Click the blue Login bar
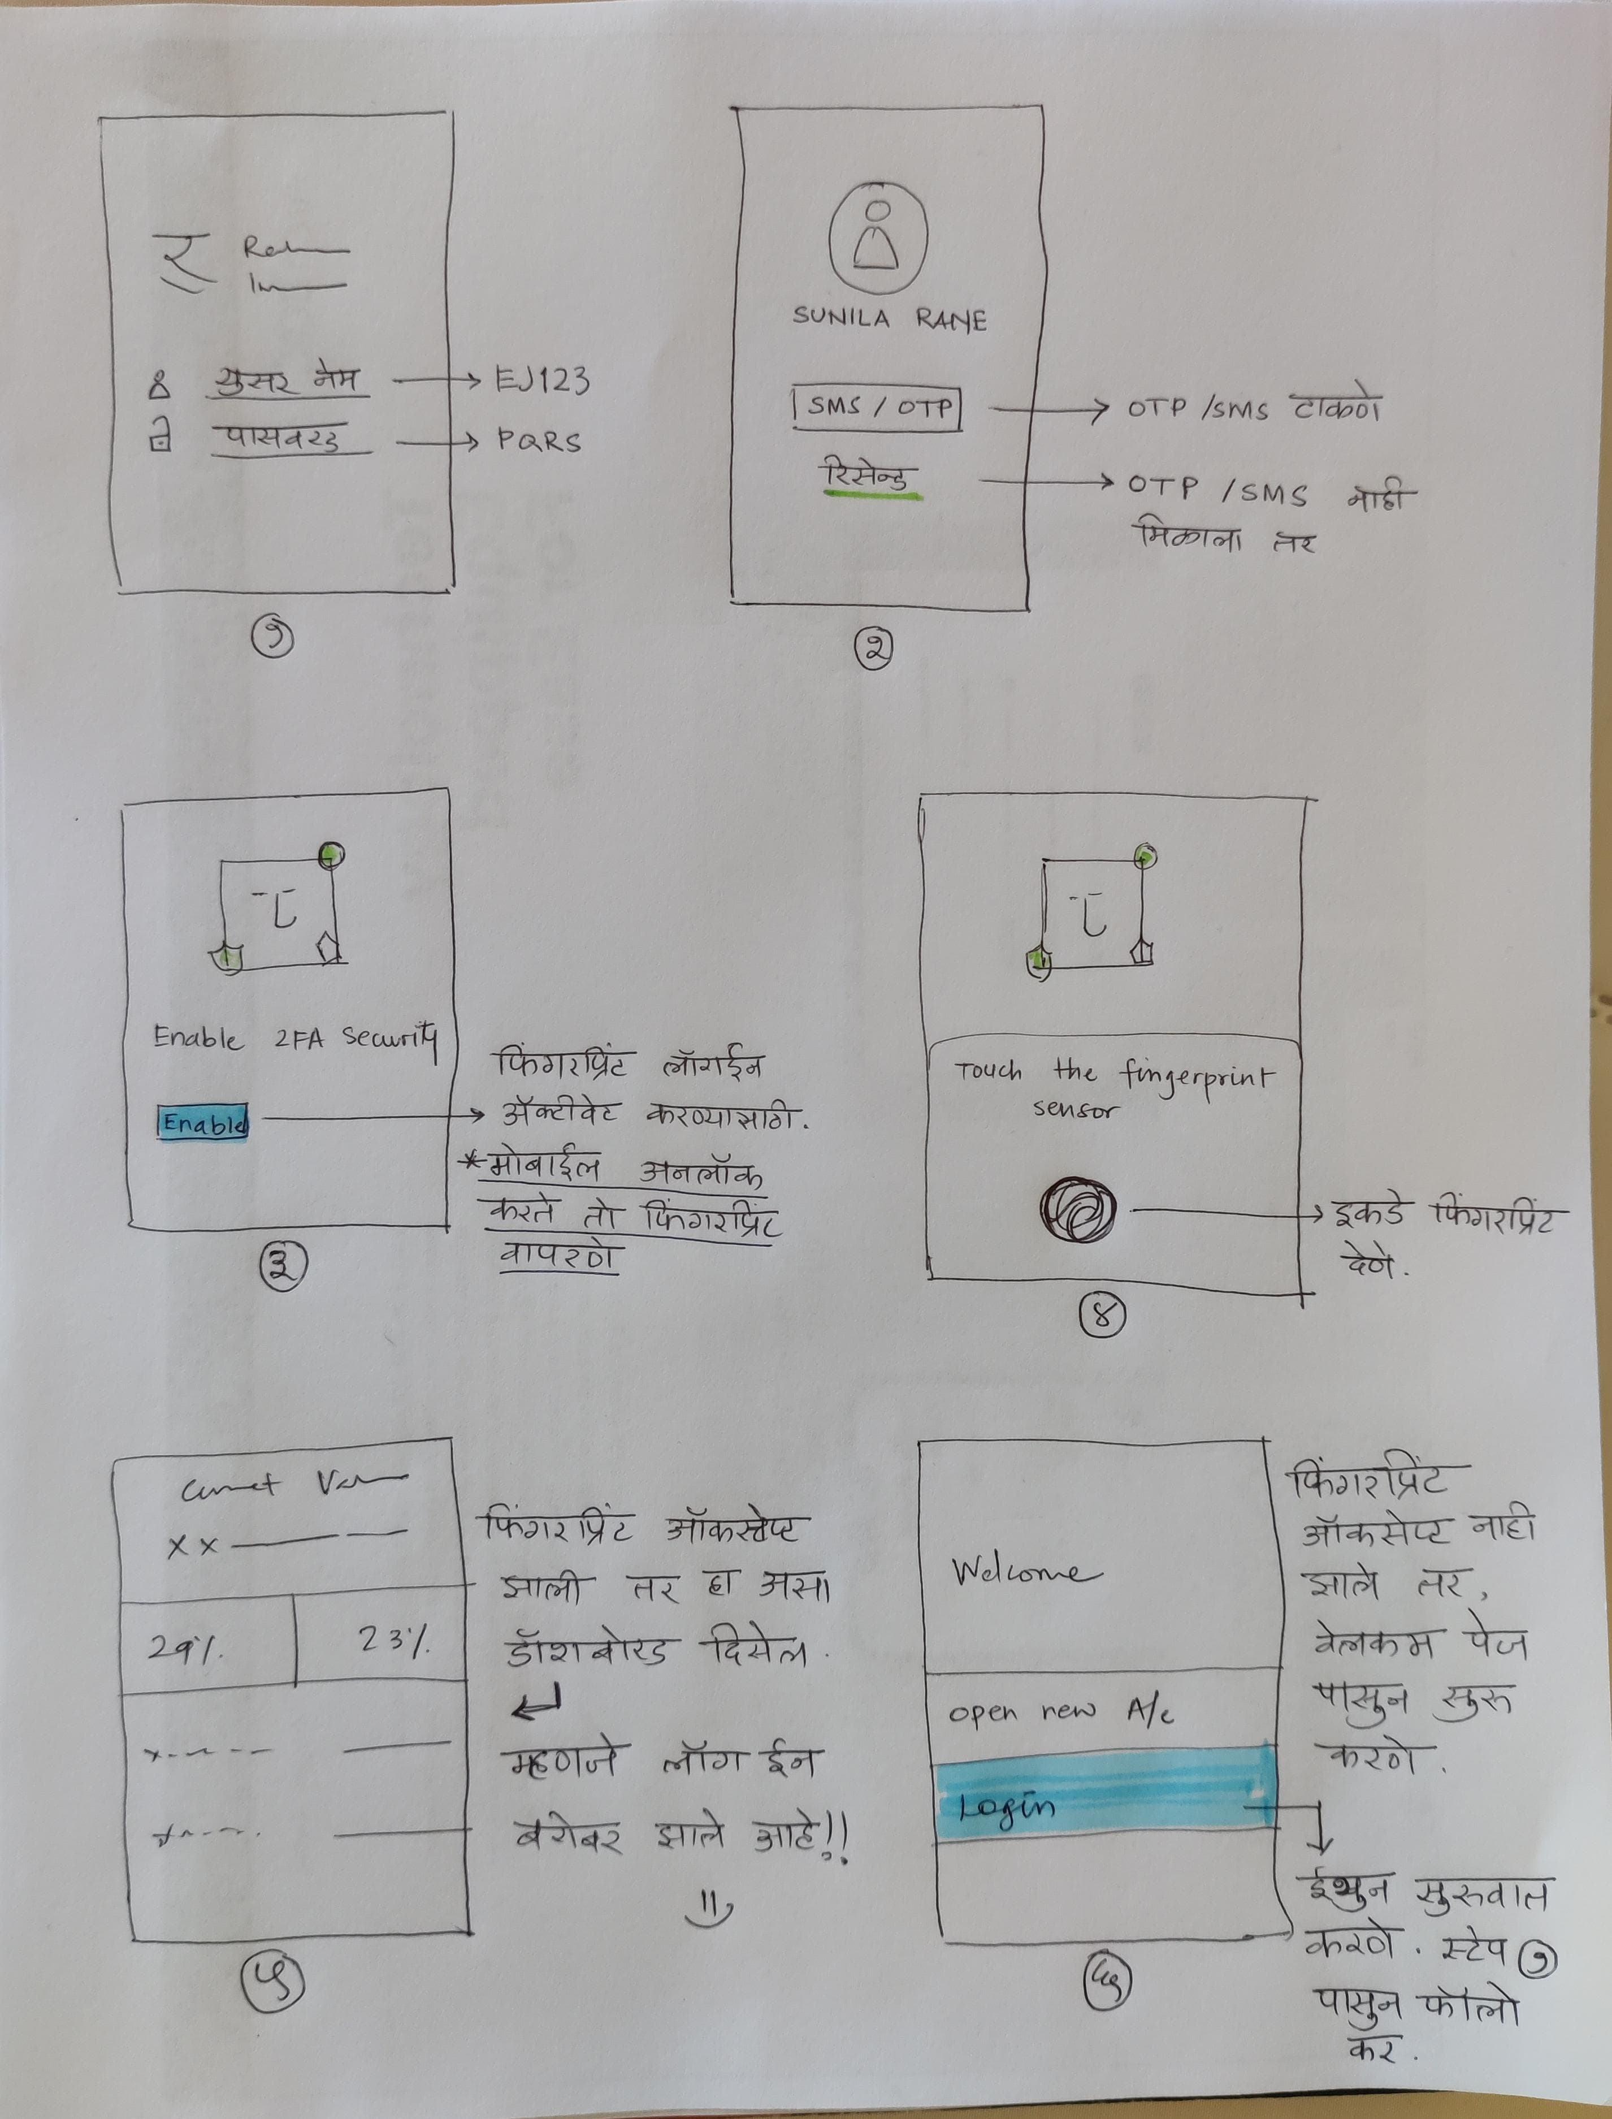click(1103, 1805)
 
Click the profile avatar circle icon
click(878, 236)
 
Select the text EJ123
click(542, 381)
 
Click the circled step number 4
click(1102, 1316)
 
